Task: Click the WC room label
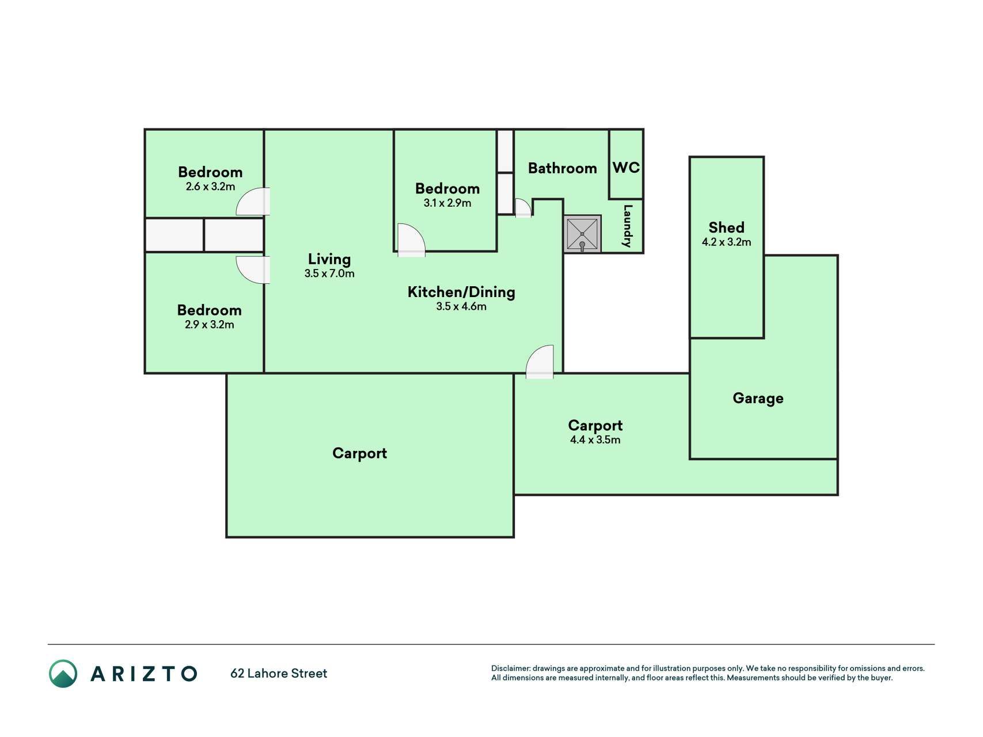tap(626, 168)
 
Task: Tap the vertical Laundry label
tap(628, 226)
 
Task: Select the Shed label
tap(726, 227)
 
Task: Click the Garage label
tap(758, 398)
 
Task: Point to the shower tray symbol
tap(582, 234)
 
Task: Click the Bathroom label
tap(562, 168)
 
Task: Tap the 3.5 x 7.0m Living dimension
tap(329, 273)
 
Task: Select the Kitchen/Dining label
tap(461, 292)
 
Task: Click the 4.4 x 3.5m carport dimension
tap(595, 440)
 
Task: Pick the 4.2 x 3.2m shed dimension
tap(726, 242)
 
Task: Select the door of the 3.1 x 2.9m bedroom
tap(411, 240)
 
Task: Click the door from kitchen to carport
tap(540, 362)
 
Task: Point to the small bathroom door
tap(523, 208)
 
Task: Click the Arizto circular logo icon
tap(63, 674)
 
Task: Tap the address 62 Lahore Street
tap(279, 673)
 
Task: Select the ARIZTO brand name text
tap(144, 674)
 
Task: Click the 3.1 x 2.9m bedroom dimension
tap(447, 203)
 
